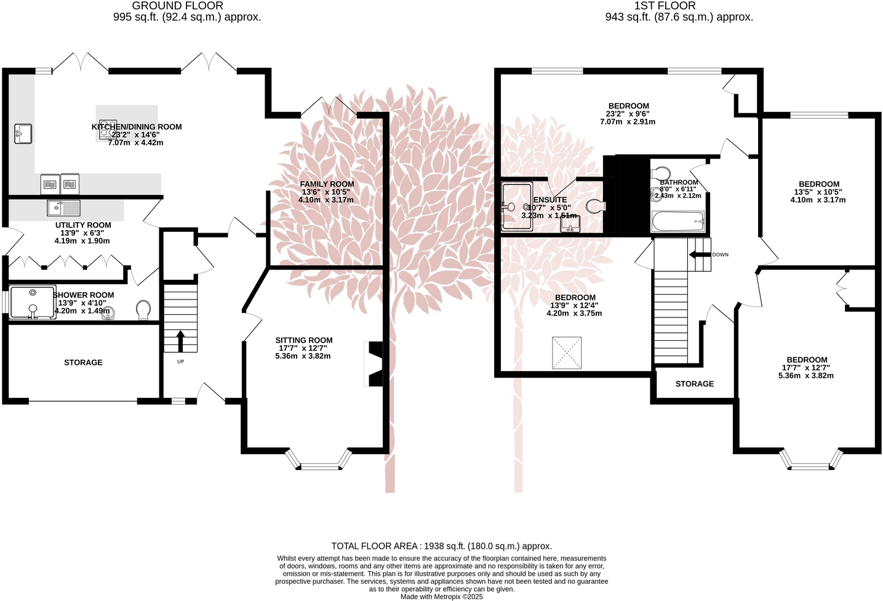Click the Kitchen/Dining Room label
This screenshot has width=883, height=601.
[137, 127]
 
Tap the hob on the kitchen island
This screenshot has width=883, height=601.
[108, 129]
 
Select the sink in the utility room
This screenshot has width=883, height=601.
[63, 208]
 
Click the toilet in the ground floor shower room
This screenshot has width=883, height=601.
[144, 309]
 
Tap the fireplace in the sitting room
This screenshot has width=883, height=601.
[374, 364]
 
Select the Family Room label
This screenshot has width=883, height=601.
[327, 184]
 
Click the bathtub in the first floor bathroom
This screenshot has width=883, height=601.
[677, 221]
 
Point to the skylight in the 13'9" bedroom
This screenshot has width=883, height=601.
[567, 352]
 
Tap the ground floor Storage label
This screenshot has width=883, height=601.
[83, 362]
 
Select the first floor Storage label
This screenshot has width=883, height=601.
[695, 383]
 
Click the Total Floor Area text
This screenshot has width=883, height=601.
[441, 546]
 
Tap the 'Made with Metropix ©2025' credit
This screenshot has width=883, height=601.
[441, 597]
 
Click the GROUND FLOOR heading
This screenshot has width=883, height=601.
[178, 6]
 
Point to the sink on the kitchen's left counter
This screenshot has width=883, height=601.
[23, 133]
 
